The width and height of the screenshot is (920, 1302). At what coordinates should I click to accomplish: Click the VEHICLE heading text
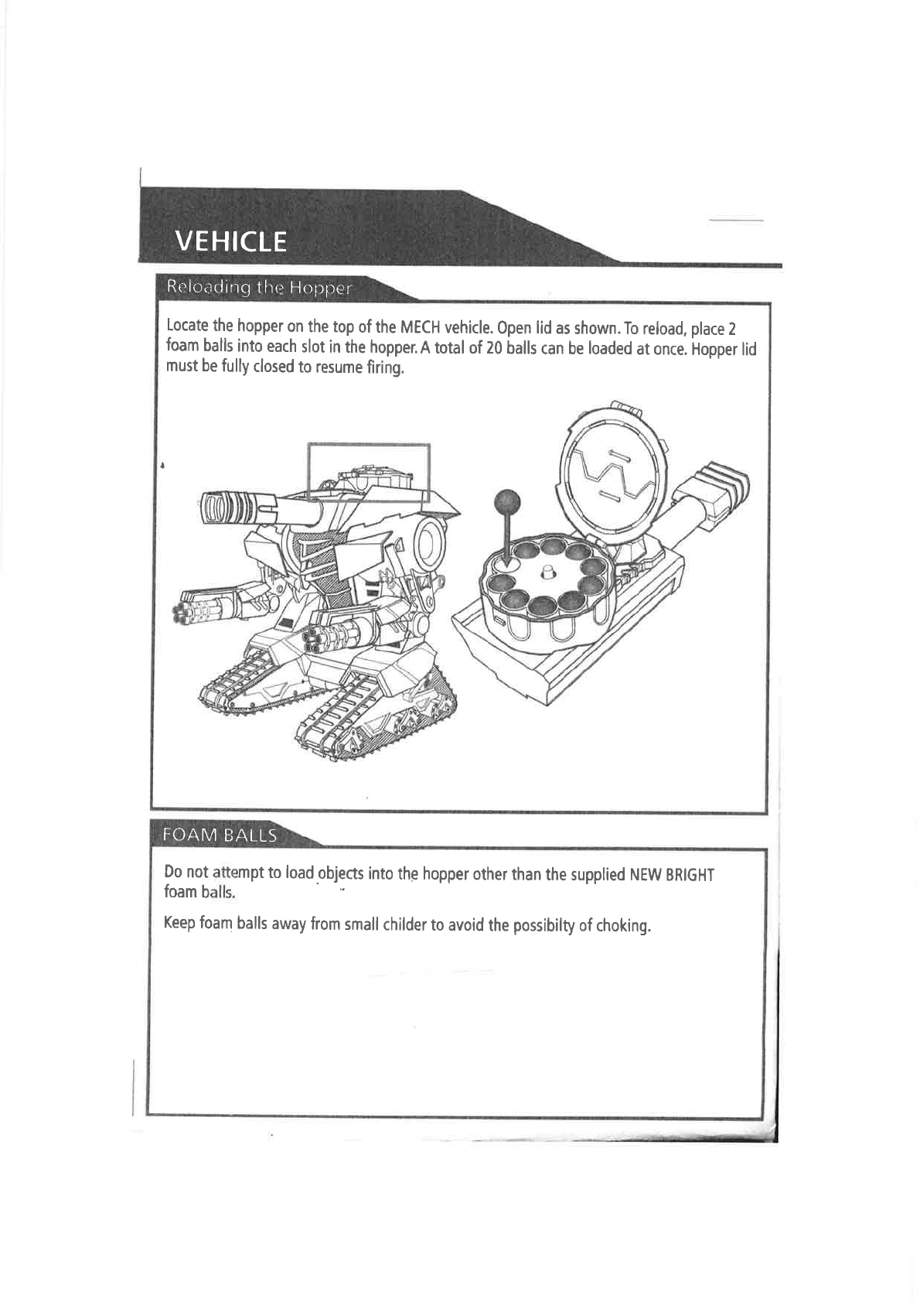[x=230, y=242]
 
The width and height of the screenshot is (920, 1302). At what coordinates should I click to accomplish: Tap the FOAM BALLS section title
[x=220, y=836]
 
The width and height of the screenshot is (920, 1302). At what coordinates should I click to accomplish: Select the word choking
[x=623, y=925]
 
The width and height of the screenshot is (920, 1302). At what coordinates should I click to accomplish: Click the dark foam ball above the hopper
[x=508, y=501]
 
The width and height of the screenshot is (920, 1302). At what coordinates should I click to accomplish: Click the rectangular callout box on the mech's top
[x=368, y=472]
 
